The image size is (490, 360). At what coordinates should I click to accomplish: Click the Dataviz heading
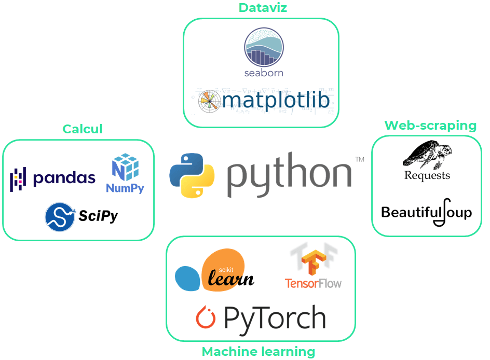pyautogui.click(x=263, y=8)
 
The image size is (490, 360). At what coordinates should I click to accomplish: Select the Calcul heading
pyautogui.click(x=83, y=129)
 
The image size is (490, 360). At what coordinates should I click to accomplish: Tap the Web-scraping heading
pyautogui.click(x=430, y=125)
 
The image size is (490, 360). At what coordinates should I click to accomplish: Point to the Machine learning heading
pyautogui.click(x=258, y=352)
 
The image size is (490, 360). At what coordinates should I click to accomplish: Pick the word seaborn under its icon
pyautogui.click(x=264, y=73)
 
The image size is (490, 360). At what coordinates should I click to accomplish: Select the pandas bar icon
pyautogui.click(x=19, y=178)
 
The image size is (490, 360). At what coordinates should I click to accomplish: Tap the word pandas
pyautogui.click(x=64, y=178)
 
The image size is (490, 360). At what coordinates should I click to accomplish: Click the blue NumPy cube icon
pyautogui.click(x=125, y=167)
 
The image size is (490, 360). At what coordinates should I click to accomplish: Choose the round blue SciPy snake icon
pyautogui.click(x=59, y=216)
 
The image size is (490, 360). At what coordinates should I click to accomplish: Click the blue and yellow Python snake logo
pyautogui.click(x=192, y=175)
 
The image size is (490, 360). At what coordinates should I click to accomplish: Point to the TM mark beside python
pyautogui.click(x=359, y=159)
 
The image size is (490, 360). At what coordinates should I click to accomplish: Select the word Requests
pyautogui.click(x=427, y=175)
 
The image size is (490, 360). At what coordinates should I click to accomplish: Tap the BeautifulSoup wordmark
pyautogui.click(x=426, y=212)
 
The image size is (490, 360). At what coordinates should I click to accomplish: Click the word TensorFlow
pyautogui.click(x=313, y=283)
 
